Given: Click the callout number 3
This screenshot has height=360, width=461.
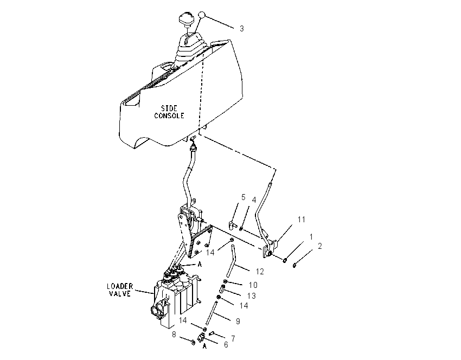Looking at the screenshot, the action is (242, 29).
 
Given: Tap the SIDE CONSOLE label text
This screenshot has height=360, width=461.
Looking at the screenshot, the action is (169, 112).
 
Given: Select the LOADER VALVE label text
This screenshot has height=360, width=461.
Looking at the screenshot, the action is (120, 290).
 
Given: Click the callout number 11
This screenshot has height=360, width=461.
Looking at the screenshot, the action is (302, 220).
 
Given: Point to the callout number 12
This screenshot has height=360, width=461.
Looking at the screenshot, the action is (260, 272).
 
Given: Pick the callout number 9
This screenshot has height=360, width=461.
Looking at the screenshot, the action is (238, 322).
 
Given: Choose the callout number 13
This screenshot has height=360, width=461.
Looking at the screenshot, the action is (252, 295).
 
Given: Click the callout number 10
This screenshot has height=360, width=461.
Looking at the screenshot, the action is (253, 285).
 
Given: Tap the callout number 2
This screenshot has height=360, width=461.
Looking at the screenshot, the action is (320, 246).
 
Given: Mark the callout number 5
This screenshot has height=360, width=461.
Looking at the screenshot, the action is (243, 197).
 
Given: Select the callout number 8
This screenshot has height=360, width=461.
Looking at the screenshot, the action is (174, 335).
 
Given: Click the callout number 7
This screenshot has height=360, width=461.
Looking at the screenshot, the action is (233, 338).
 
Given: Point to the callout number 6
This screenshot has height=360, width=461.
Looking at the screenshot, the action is (226, 345).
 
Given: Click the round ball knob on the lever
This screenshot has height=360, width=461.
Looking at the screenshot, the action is (201, 15).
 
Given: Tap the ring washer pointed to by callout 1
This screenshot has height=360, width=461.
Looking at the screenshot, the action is (285, 260).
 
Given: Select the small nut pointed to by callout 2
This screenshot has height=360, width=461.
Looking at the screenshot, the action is (294, 266).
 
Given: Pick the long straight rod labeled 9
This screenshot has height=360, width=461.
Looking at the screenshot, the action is (212, 313).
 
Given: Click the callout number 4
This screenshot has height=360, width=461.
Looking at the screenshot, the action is (254, 200).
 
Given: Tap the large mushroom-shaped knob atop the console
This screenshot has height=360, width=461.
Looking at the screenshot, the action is (186, 20).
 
